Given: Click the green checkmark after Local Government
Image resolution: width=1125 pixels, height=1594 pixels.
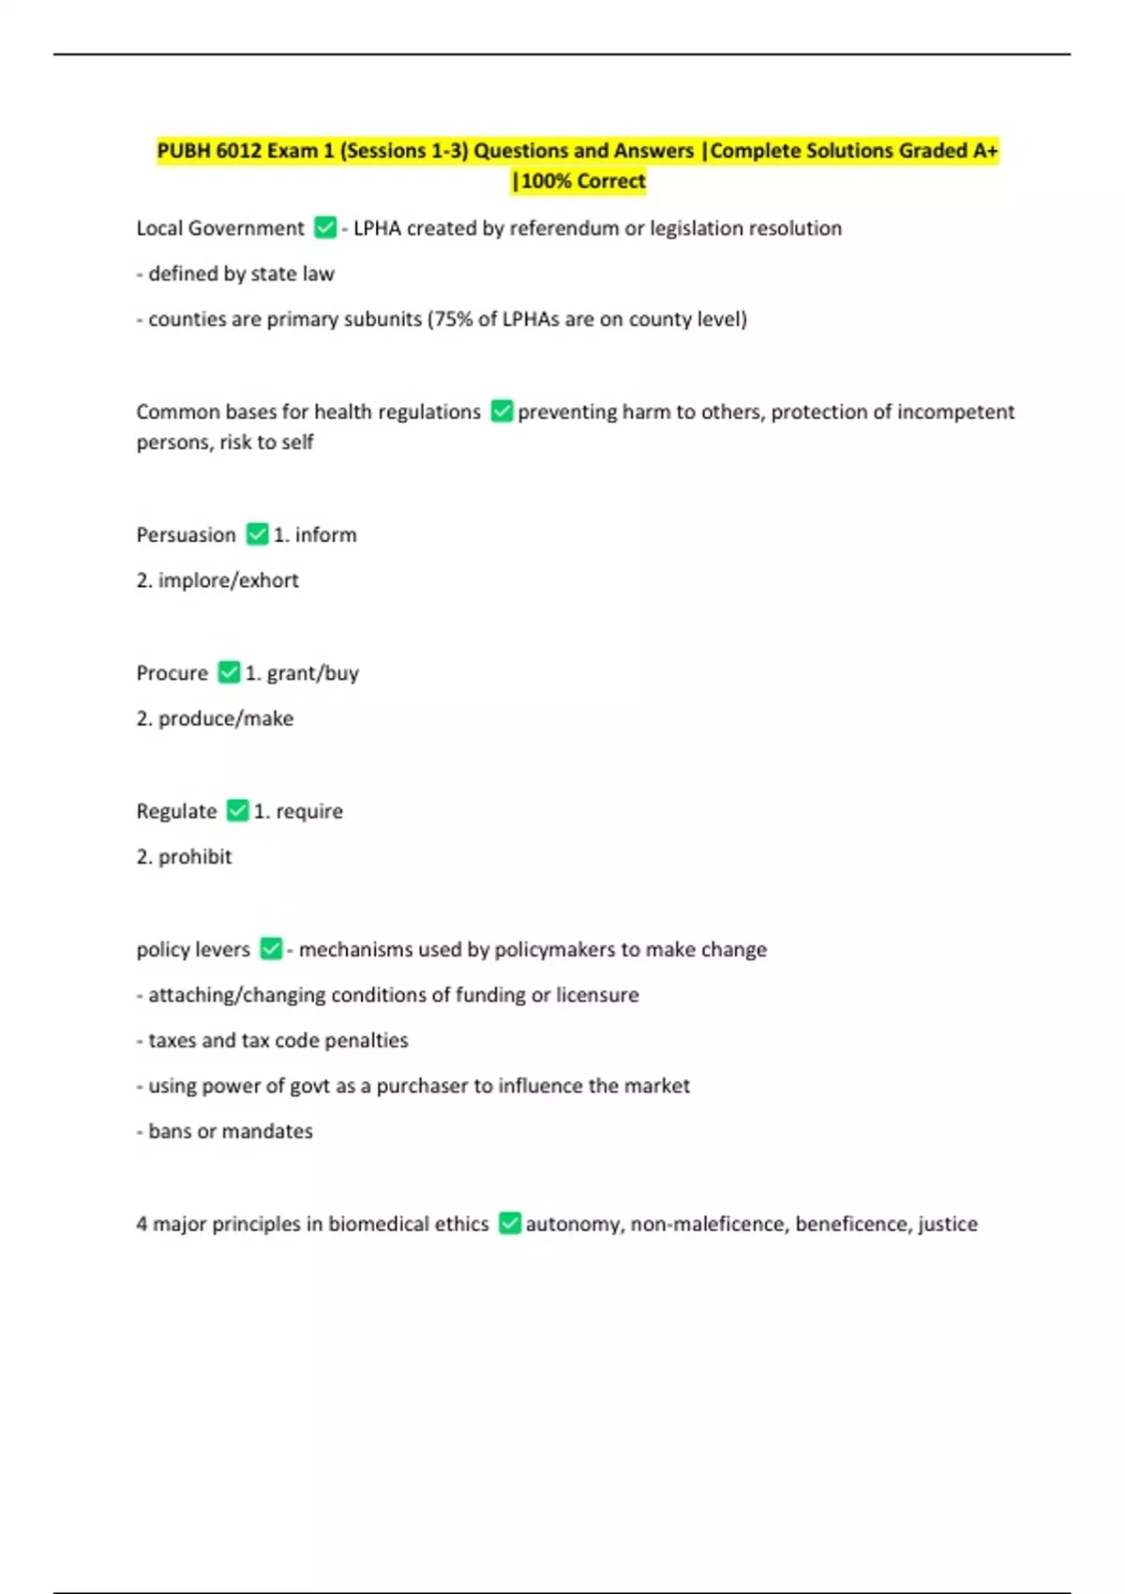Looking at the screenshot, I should pyautogui.click(x=324, y=228).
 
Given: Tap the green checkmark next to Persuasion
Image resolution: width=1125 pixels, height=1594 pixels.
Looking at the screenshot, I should pyautogui.click(x=257, y=534).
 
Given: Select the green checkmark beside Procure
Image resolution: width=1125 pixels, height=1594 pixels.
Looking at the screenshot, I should pyautogui.click(x=229, y=672).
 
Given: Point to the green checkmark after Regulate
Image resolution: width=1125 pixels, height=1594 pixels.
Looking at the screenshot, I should pyautogui.click(x=238, y=811).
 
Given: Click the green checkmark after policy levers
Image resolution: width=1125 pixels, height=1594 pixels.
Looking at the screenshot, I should pyautogui.click(x=271, y=949).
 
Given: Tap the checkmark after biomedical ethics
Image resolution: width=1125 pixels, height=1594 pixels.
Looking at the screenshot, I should pyautogui.click(x=509, y=1224).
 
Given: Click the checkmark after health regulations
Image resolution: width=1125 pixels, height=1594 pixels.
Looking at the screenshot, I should pyautogui.click(x=502, y=412).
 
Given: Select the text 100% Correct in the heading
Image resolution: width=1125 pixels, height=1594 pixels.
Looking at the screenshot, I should pyautogui.click(x=583, y=181).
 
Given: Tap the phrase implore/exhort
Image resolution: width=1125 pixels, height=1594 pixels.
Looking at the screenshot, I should pyautogui.click(x=228, y=580).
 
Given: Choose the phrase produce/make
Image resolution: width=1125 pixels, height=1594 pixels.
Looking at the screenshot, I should pyautogui.click(x=225, y=718).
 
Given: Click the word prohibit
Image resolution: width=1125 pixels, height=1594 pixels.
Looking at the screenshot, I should pyautogui.click(x=194, y=857).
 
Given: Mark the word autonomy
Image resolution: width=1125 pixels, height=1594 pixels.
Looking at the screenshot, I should pyautogui.click(x=573, y=1224).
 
